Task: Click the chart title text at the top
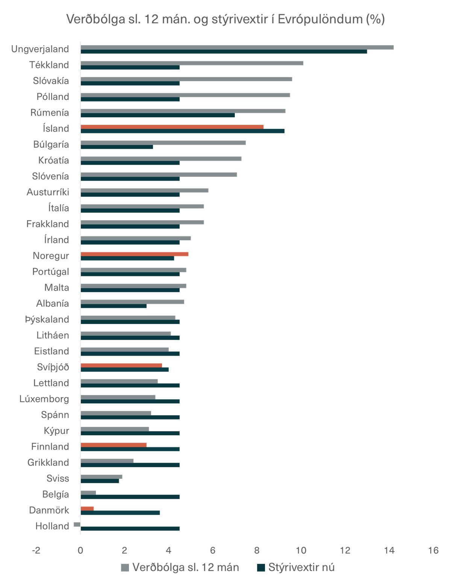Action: click(x=225, y=19)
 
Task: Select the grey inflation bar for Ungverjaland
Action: click(x=237, y=47)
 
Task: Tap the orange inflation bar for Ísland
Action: click(x=172, y=127)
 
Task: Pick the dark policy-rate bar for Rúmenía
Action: click(x=158, y=115)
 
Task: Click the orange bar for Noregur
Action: click(x=135, y=254)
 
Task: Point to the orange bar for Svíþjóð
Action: click(x=121, y=365)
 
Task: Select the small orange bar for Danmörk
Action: click(x=88, y=508)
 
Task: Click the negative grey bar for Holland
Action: click(x=77, y=524)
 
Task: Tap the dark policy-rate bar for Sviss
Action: click(x=100, y=481)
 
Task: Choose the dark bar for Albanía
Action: click(x=114, y=306)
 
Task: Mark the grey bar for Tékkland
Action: click(x=192, y=63)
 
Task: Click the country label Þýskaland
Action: click(x=47, y=319)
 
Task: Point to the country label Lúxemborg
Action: click(x=44, y=399)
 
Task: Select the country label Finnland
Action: click(x=50, y=447)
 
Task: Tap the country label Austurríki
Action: click(x=48, y=192)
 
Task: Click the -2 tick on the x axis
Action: click(x=36, y=550)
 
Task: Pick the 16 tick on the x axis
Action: click(x=433, y=550)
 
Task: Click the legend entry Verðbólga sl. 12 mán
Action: click(x=180, y=567)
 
